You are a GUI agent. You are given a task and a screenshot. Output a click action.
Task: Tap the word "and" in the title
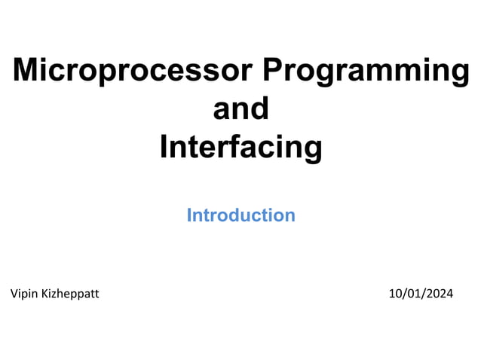[240, 109]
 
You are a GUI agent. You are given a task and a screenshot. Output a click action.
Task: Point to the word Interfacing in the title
[240, 148]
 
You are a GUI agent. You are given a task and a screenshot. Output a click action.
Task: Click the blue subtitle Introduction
[240, 215]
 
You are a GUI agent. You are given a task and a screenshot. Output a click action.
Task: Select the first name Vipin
[24, 294]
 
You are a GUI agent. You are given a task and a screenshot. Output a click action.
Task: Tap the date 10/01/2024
[421, 294]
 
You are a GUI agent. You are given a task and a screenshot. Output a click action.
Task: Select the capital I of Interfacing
[164, 147]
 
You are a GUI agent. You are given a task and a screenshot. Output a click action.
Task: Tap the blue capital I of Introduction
[189, 215]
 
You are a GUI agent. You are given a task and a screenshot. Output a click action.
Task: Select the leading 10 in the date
[394, 294]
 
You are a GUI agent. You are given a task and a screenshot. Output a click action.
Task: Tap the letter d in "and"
[259, 109]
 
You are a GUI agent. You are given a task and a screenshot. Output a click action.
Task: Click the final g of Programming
[459, 75]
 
